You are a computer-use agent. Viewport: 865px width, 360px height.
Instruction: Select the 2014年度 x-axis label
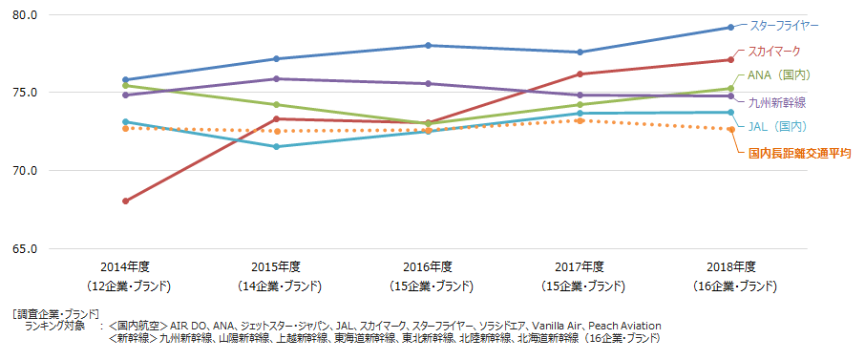point(125,266)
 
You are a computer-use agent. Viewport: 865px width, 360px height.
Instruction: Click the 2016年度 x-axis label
point(428,266)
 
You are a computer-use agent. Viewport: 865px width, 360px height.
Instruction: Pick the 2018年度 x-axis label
point(730,266)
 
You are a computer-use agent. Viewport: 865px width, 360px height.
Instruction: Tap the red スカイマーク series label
point(773,51)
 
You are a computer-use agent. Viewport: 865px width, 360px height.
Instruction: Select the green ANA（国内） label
point(777,74)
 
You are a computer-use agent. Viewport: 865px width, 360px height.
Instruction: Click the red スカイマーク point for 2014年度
point(125,201)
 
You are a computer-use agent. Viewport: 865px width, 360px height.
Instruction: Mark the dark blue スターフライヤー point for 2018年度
point(730,28)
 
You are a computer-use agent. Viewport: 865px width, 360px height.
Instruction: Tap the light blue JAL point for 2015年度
point(277,147)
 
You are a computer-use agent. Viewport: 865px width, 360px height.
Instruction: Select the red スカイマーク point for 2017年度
point(580,74)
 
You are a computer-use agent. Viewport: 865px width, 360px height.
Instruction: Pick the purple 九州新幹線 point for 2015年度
point(277,78)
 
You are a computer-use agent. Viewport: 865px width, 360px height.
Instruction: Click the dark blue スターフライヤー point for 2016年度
point(428,45)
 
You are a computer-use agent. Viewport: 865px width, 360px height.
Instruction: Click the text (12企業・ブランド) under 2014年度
point(125,286)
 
